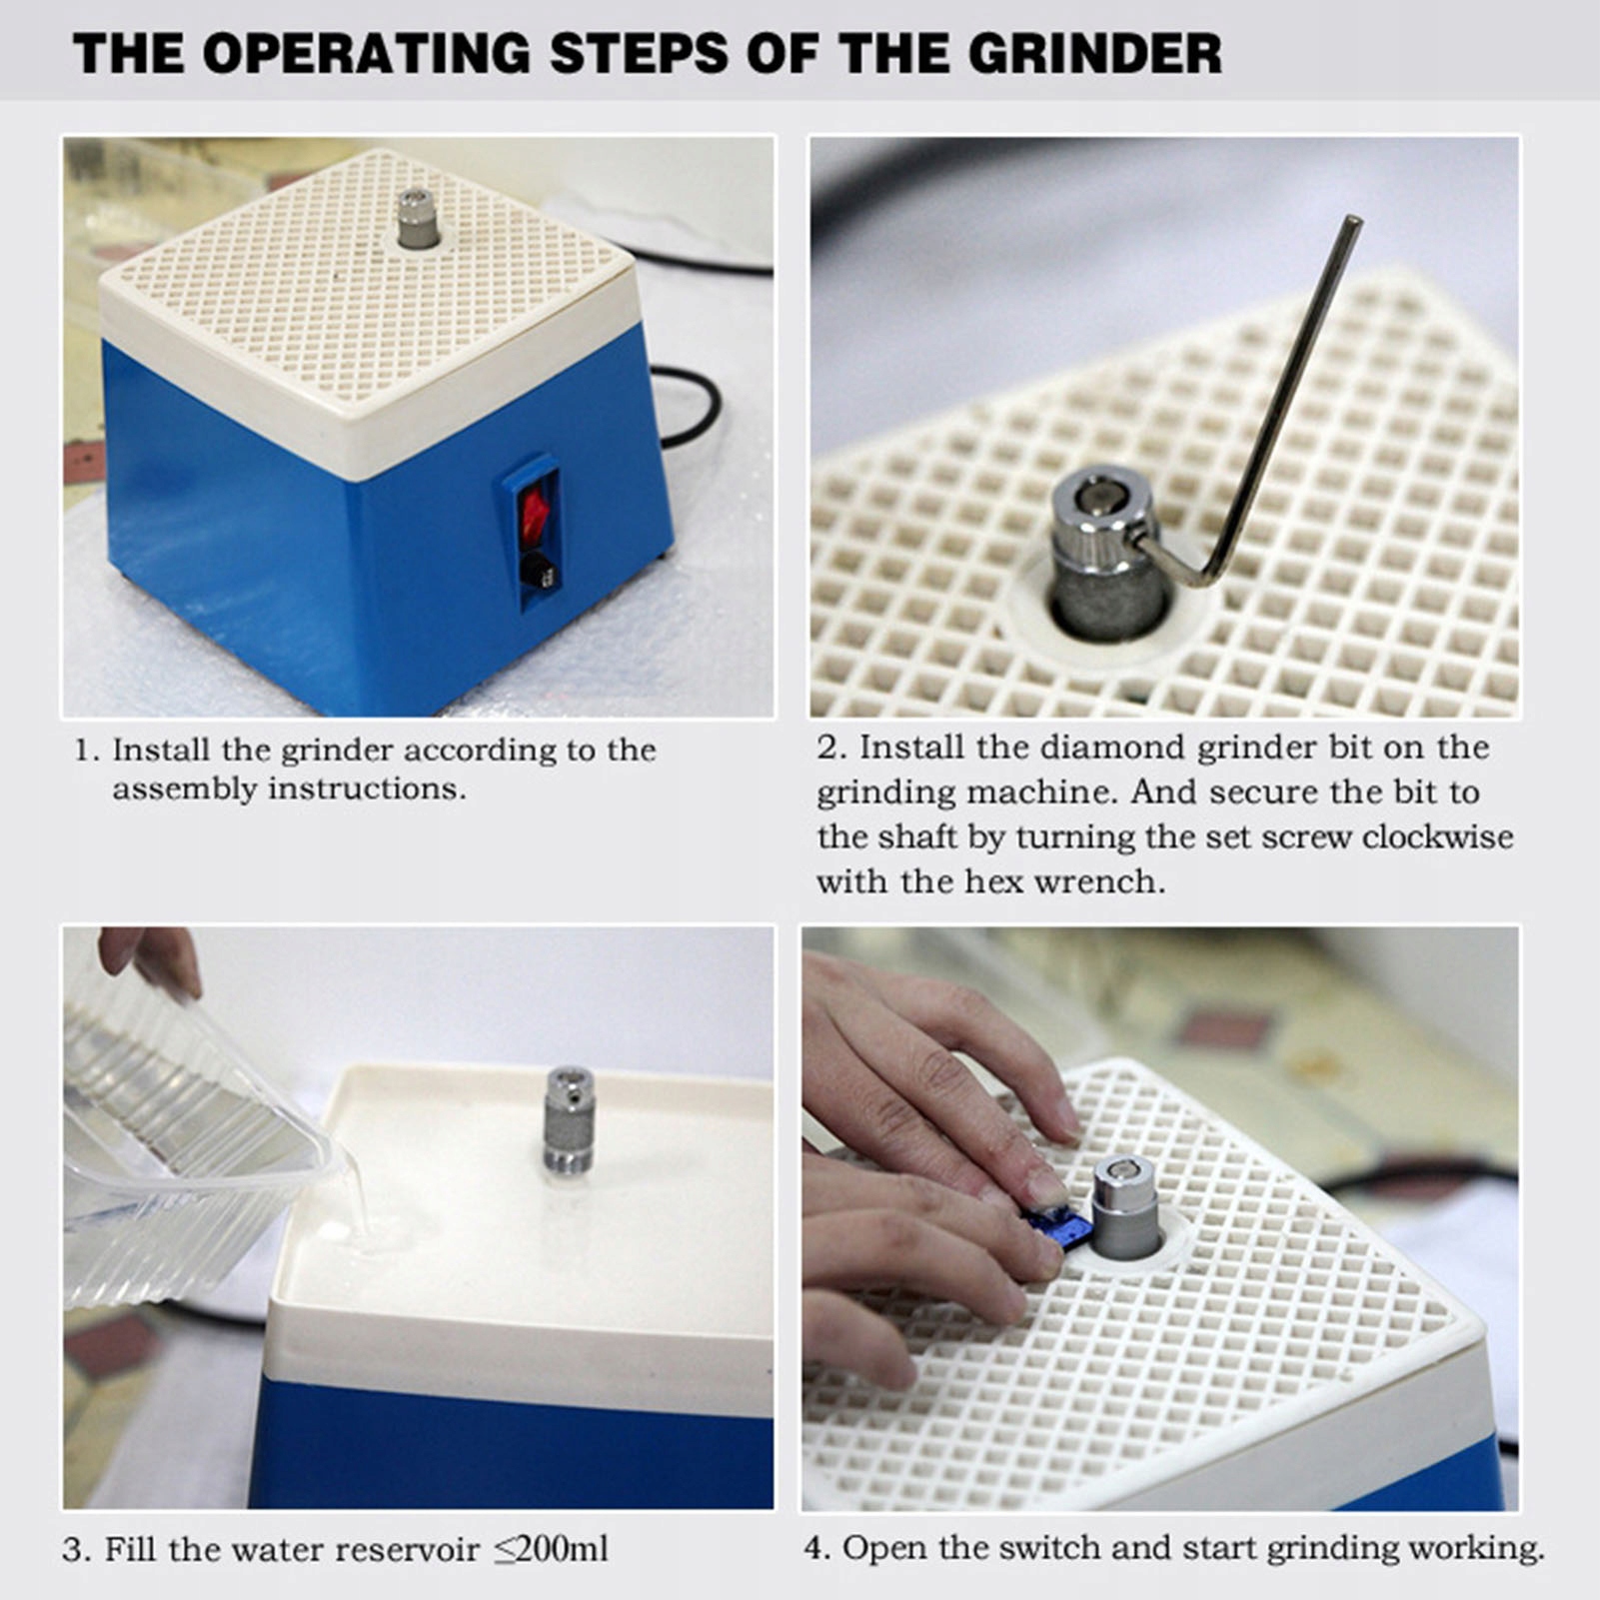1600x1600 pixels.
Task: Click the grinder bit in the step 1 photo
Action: click(x=417, y=218)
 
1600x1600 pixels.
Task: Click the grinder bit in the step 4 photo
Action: click(x=1125, y=1207)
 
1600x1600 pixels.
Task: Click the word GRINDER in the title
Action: click(x=1094, y=53)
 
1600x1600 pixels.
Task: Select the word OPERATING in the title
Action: click(x=366, y=53)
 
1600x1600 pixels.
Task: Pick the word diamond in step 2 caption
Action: click(x=1109, y=747)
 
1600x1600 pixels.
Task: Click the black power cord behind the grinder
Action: click(x=690, y=405)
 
